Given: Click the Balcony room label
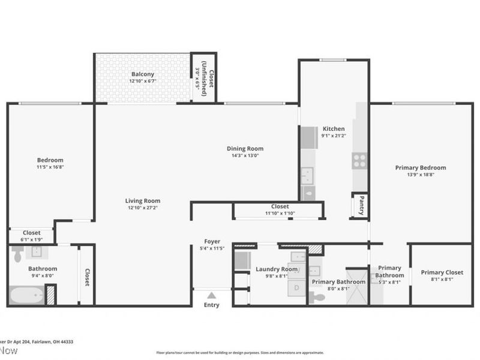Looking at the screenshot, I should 143,74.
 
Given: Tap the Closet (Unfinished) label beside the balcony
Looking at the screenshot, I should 204,77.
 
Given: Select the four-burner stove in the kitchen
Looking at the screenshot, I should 359,160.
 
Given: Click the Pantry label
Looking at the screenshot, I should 361,205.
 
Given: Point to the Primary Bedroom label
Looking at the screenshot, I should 420,168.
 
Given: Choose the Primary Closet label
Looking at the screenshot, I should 442,272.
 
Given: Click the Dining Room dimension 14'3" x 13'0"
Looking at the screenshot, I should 245,155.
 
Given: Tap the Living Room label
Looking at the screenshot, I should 143,201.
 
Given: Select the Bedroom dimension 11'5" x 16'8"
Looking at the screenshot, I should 50,167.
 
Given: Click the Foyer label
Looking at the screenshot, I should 212,242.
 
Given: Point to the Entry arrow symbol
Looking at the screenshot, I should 211,295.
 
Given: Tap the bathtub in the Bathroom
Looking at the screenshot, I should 25,295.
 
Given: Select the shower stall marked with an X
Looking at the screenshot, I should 358,293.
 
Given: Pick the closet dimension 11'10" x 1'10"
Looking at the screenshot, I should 280,213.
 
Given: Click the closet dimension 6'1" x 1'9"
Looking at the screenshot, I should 31,240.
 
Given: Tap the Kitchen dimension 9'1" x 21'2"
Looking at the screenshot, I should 334,136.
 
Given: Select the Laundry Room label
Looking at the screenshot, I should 277,269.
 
